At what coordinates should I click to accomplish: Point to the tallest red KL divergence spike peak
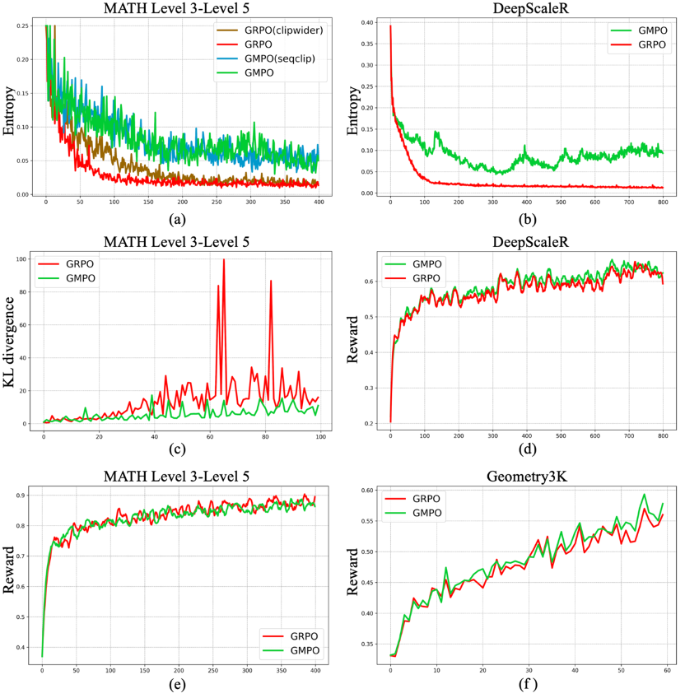[223, 260]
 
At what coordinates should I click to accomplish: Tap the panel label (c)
[178, 450]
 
